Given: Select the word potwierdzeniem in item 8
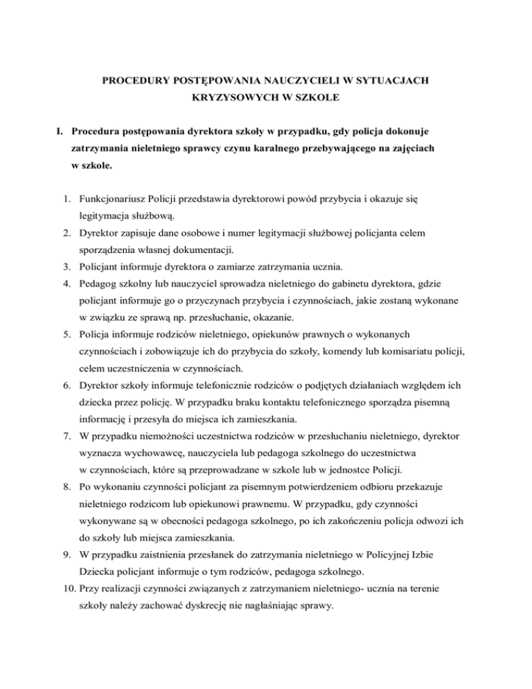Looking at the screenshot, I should [x=294, y=498].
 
